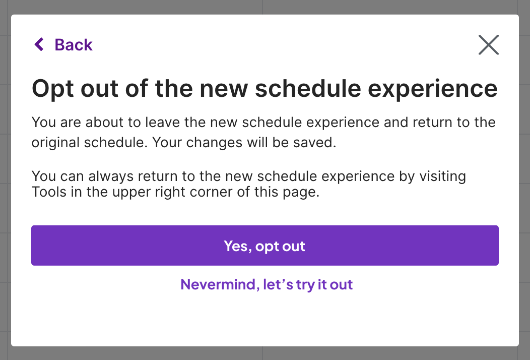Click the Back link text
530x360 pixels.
click(74, 45)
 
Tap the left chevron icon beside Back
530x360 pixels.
click(39, 44)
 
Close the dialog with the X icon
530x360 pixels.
click(488, 45)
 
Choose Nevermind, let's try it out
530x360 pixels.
click(267, 284)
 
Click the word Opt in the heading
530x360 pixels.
click(53, 89)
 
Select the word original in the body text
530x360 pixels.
click(55, 143)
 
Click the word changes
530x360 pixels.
click(214, 143)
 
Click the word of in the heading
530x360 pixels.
click(137, 89)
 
